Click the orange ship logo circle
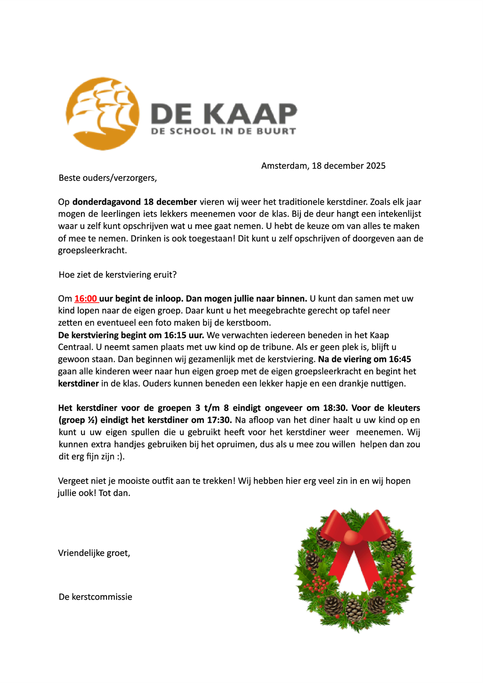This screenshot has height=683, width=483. coord(102,114)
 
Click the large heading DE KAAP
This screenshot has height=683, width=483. coord(224,113)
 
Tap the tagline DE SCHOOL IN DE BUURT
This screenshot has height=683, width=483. coord(224,132)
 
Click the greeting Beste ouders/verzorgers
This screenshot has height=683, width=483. coord(107,178)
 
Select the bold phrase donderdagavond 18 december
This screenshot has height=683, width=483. coord(134,202)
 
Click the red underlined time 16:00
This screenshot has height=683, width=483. coord(86,299)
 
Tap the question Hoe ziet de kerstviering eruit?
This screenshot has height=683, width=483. coord(117,275)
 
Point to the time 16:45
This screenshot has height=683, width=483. coord(400,359)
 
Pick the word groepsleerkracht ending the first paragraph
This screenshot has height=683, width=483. coord(92,250)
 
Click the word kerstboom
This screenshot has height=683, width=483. coord(250,323)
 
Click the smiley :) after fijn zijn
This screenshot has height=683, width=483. coord(119,456)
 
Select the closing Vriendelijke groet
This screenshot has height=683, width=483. coord(94,553)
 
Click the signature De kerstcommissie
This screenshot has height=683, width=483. coord(95,597)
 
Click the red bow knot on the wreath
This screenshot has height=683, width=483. coord(355,537)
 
